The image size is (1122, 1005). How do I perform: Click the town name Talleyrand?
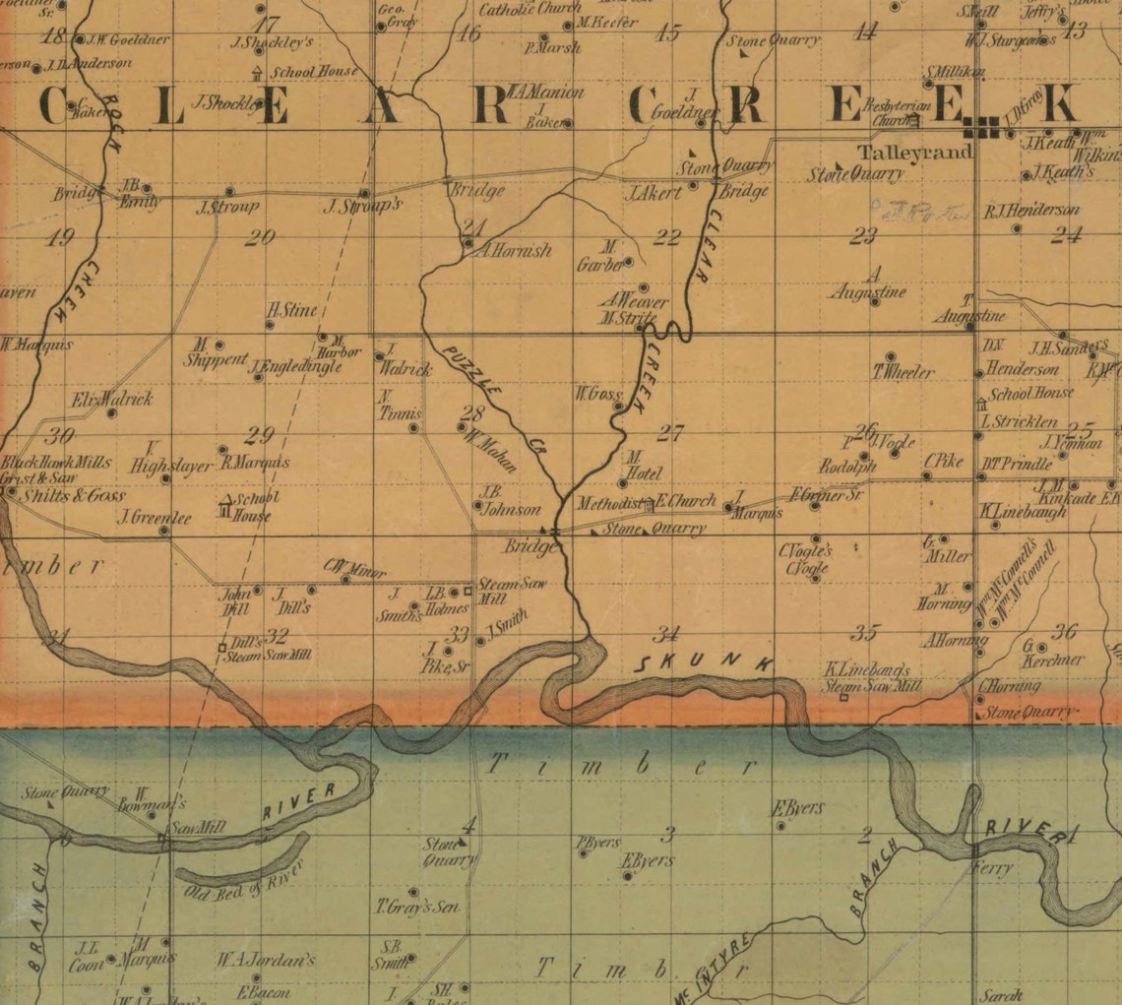915,153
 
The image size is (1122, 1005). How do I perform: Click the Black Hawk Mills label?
56,463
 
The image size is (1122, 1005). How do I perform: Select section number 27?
670,432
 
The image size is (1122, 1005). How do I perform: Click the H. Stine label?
292,310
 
